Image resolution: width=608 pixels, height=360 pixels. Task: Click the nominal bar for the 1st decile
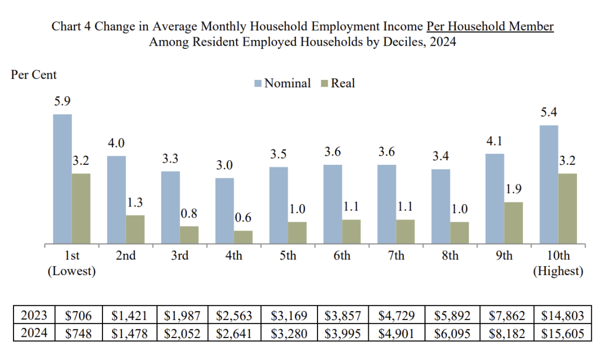pos(62,179)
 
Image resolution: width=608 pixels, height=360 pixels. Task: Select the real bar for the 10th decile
pos(567,209)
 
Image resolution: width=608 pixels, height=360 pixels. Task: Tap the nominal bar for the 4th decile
pos(225,211)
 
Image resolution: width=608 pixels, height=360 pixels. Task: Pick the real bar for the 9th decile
pos(513,223)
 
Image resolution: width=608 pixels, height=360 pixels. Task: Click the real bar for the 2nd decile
pos(135,229)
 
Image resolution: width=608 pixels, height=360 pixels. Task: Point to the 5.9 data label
pos(62,101)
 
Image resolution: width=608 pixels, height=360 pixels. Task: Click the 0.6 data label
pos(243,217)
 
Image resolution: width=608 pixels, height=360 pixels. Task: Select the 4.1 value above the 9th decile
pos(494,141)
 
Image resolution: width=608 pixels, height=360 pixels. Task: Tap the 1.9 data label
pos(513,189)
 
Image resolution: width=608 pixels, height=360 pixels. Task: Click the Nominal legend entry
pos(282,83)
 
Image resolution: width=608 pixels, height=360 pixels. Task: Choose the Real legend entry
pos(338,83)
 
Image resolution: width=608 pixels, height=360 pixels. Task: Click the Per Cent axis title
pos(34,74)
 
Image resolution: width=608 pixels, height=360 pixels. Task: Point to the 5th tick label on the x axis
pos(288,255)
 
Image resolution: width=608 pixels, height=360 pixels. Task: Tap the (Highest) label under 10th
pos(558,271)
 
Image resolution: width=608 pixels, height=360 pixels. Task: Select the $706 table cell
pos(78,316)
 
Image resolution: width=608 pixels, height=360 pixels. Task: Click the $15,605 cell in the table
pos(562,333)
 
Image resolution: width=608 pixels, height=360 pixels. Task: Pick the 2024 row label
pos(34,333)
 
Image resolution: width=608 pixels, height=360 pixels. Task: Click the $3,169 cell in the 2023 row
pos(289,316)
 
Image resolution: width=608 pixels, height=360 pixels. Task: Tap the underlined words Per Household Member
pos(490,26)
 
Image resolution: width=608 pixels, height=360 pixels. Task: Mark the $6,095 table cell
pos(452,333)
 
